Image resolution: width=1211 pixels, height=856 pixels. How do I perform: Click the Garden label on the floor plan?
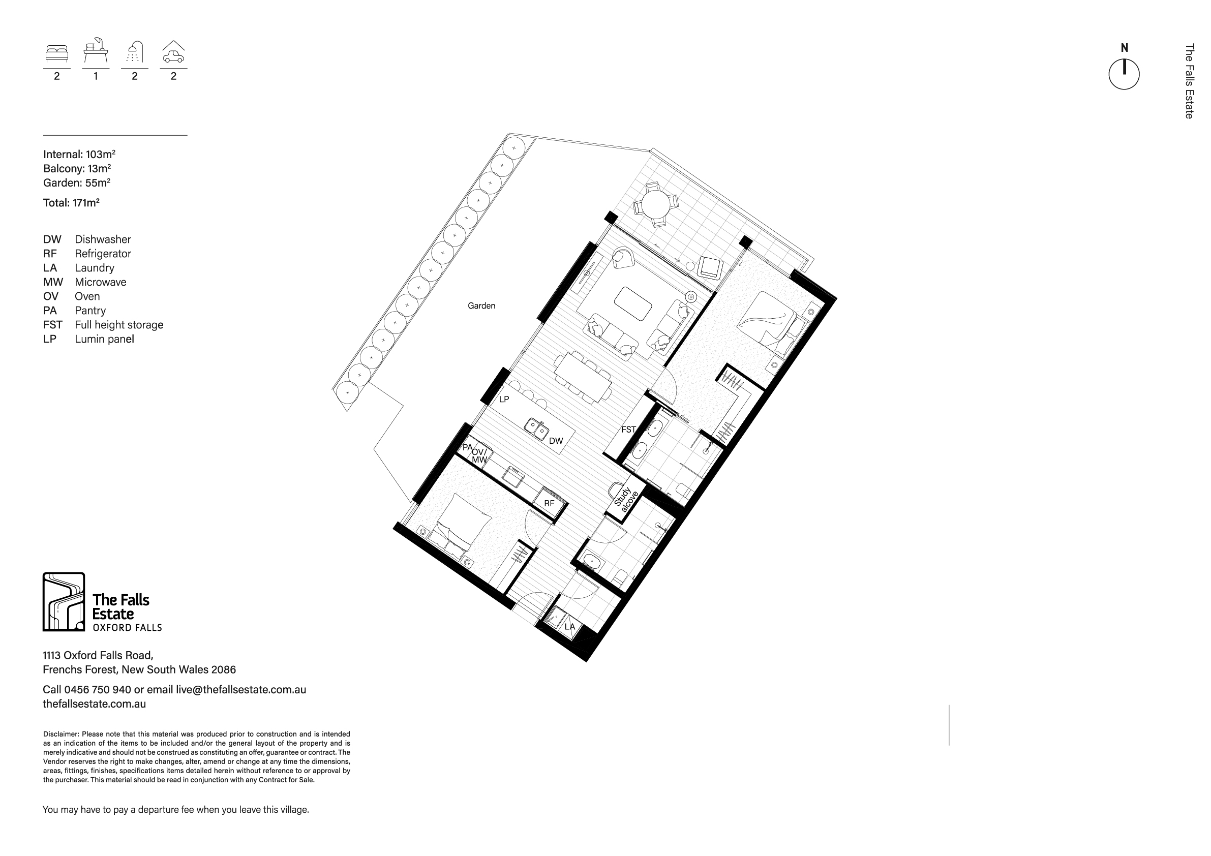[x=481, y=305]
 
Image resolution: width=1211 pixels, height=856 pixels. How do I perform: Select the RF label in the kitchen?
[x=549, y=504]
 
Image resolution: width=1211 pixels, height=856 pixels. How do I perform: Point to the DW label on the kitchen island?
[x=556, y=441]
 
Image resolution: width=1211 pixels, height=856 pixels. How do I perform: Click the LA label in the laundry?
[x=569, y=627]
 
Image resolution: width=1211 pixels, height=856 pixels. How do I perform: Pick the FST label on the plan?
[x=628, y=430]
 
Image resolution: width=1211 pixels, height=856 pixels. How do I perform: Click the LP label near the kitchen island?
[x=504, y=399]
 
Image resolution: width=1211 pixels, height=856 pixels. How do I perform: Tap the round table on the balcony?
[x=656, y=205]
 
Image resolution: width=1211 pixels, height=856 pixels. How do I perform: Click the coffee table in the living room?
[x=633, y=303]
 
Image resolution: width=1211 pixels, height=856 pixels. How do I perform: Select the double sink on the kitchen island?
[x=537, y=429]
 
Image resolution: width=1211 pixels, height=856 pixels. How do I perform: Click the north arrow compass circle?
[x=1124, y=74]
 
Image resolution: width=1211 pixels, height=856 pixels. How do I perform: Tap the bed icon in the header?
[x=56, y=54]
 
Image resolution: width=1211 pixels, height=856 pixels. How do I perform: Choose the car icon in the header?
[x=173, y=52]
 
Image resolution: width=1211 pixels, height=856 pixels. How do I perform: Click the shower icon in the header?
[x=135, y=52]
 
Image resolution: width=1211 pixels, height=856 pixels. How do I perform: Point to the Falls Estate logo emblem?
[x=63, y=602]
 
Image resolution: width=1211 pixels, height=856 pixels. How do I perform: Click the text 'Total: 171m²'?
[x=71, y=202]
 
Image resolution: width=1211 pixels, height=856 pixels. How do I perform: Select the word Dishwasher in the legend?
[x=103, y=239]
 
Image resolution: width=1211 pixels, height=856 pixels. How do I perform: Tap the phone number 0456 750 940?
[x=98, y=689]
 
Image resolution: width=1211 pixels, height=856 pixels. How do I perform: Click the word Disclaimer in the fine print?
[x=61, y=733]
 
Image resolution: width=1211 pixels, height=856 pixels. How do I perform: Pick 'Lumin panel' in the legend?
[x=104, y=339]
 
